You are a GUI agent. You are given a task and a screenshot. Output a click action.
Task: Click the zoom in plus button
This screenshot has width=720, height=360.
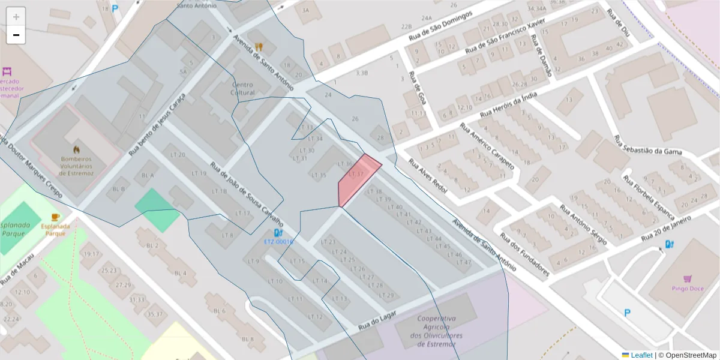coord(16,17)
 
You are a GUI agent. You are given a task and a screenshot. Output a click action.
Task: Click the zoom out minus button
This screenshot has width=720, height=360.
coord(16,35)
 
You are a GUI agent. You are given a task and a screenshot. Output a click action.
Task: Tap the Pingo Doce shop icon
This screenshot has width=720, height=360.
coord(687,279)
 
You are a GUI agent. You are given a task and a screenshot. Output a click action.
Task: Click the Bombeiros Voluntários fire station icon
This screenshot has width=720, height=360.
coord(76,148)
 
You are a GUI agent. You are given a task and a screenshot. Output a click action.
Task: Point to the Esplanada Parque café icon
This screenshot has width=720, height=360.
coord(55,217)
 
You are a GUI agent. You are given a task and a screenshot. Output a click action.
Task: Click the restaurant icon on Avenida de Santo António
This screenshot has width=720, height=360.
coord(259,46)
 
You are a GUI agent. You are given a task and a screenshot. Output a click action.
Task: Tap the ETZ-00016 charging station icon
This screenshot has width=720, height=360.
coord(277,233)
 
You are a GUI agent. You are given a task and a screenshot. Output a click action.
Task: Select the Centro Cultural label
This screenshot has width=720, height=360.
coord(242,89)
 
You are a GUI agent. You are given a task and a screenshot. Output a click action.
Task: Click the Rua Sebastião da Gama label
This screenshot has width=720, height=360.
coord(648,145)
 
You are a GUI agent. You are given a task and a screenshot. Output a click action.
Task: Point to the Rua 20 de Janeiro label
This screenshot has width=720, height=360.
coord(676,228)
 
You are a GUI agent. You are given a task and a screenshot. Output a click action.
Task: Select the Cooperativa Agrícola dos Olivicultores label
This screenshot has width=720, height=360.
coord(437,331)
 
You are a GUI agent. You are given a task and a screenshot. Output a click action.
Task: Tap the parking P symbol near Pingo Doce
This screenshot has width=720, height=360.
coord(628,313)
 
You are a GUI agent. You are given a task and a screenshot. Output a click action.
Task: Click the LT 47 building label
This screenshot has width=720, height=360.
coord(463,262)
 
